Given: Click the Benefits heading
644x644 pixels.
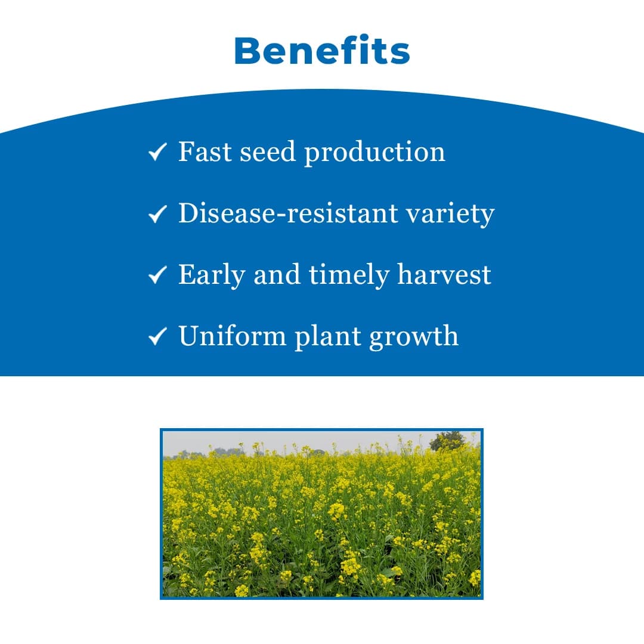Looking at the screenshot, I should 322,51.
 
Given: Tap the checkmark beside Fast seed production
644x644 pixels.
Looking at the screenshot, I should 157,153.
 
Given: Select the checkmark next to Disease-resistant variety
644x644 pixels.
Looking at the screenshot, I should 157,214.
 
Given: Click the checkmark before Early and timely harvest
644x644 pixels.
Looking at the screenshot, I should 157,275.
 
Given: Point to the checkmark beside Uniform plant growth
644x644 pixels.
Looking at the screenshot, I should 157,337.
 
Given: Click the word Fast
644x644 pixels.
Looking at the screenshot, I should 205,152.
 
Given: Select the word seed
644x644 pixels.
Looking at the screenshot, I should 268,152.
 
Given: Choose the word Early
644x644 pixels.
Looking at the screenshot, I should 212,275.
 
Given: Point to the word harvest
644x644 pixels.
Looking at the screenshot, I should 444,274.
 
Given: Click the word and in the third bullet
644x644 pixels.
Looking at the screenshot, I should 277,274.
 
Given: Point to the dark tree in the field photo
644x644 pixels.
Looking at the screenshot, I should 448,441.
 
